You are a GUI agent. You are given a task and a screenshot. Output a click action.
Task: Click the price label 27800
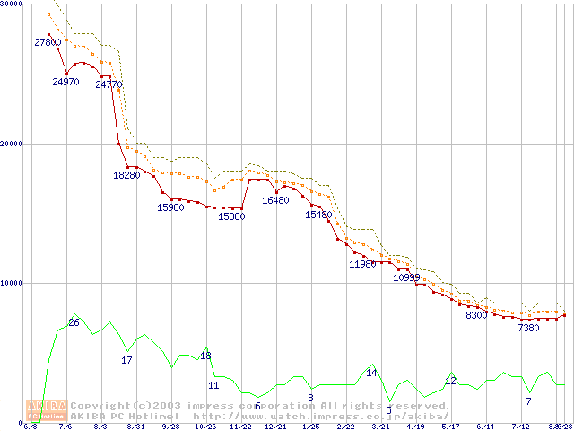48,42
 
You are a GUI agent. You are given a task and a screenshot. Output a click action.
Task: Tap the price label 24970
65,82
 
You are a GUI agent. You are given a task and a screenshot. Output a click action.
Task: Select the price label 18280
126,175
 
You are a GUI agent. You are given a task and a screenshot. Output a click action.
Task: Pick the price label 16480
275,200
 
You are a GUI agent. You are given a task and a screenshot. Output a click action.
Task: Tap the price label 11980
362,264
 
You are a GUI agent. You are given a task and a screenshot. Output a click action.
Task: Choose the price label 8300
475,316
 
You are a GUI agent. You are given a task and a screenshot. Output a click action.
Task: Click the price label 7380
528,328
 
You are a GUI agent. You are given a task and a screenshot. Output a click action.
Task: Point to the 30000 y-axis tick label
12,4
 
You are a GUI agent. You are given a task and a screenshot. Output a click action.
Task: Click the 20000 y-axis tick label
12,144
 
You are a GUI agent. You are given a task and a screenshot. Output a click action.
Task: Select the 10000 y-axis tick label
12,283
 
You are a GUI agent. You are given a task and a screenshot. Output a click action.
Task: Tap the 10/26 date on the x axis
205,427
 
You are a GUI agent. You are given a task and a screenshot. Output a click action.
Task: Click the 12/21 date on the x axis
275,427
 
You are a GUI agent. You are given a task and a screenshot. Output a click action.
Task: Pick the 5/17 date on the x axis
450,427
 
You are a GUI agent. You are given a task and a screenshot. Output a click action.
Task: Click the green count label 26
74,322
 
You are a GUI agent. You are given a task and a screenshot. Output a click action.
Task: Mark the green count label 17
126,360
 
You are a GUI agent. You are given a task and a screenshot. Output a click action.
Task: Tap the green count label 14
371,373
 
